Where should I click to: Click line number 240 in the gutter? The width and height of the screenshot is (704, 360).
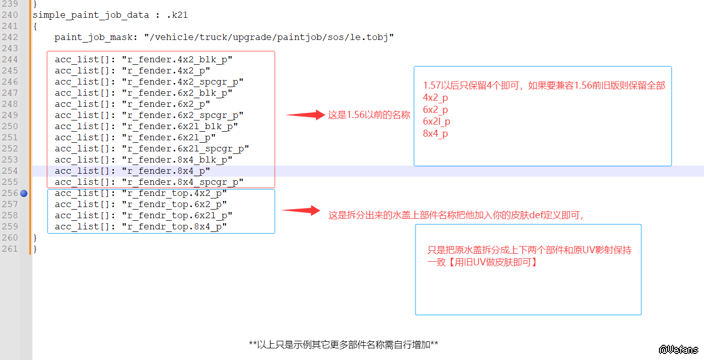coord(10,15)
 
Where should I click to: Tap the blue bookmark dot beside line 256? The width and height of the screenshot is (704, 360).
coord(23,193)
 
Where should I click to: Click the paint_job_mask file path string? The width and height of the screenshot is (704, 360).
coord(269,37)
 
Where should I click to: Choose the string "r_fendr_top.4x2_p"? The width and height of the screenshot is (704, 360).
coord(174,193)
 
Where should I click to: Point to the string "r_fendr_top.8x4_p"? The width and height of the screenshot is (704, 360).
coord(174,226)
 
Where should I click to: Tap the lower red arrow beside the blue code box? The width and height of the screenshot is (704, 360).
coord(301,210)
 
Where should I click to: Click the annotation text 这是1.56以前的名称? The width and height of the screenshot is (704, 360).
coord(369,115)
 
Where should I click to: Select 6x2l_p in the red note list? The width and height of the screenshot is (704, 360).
coord(437,122)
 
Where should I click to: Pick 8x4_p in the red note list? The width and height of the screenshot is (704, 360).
coord(435,134)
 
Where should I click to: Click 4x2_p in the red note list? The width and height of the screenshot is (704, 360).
coord(435,98)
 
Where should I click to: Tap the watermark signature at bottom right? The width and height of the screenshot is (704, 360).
coord(678,349)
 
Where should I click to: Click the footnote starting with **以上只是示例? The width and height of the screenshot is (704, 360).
coord(343,344)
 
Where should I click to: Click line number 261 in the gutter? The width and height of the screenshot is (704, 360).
coord(10,249)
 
